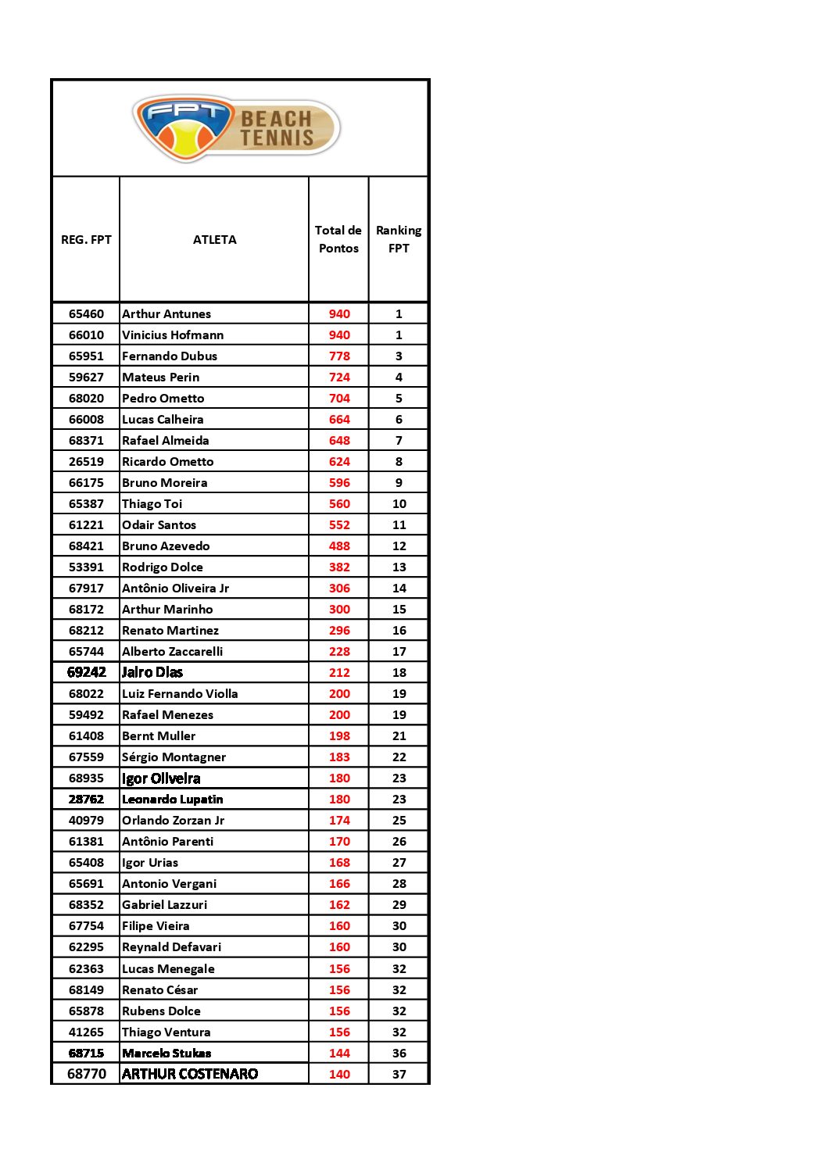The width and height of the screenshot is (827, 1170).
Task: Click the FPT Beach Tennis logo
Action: pyautogui.click(x=236, y=128)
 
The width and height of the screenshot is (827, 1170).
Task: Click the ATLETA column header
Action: pyautogui.click(x=214, y=240)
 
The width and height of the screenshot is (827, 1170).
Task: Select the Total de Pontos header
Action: pyautogui.click(x=338, y=239)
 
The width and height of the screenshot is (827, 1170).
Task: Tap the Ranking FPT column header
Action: pyautogui.click(x=399, y=239)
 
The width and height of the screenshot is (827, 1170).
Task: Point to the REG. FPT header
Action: pyautogui.click(x=86, y=240)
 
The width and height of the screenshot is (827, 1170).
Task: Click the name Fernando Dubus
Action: pyautogui.click(x=170, y=356)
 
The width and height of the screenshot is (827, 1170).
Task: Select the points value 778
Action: pyautogui.click(x=339, y=356)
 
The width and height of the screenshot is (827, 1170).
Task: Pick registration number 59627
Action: pyautogui.click(x=86, y=377)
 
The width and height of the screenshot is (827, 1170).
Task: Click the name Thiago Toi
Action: pyautogui.click(x=152, y=504)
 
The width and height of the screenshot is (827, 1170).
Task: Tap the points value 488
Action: pyautogui.click(x=339, y=546)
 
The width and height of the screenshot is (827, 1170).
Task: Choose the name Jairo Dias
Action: pyautogui.click(x=152, y=672)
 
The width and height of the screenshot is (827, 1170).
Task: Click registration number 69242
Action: pyautogui.click(x=86, y=672)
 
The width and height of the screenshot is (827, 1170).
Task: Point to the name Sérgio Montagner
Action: pyautogui.click(x=174, y=757)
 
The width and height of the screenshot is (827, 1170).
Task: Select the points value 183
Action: pyautogui.click(x=339, y=757)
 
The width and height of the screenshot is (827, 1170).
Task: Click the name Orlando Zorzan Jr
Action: pyautogui.click(x=173, y=821)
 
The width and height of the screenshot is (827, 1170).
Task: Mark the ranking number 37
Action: pyautogui.click(x=399, y=1075)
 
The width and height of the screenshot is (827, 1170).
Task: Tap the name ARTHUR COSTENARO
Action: pyautogui.click(x=190, y=1075)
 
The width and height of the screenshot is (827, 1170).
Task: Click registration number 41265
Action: pyautogui.click(x=86, y=1032)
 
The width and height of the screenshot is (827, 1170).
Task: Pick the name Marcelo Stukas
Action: pyautogui.click(x=166, y=1054)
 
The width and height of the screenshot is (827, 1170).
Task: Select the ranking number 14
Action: pyautogui.click(x=399, y=589)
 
